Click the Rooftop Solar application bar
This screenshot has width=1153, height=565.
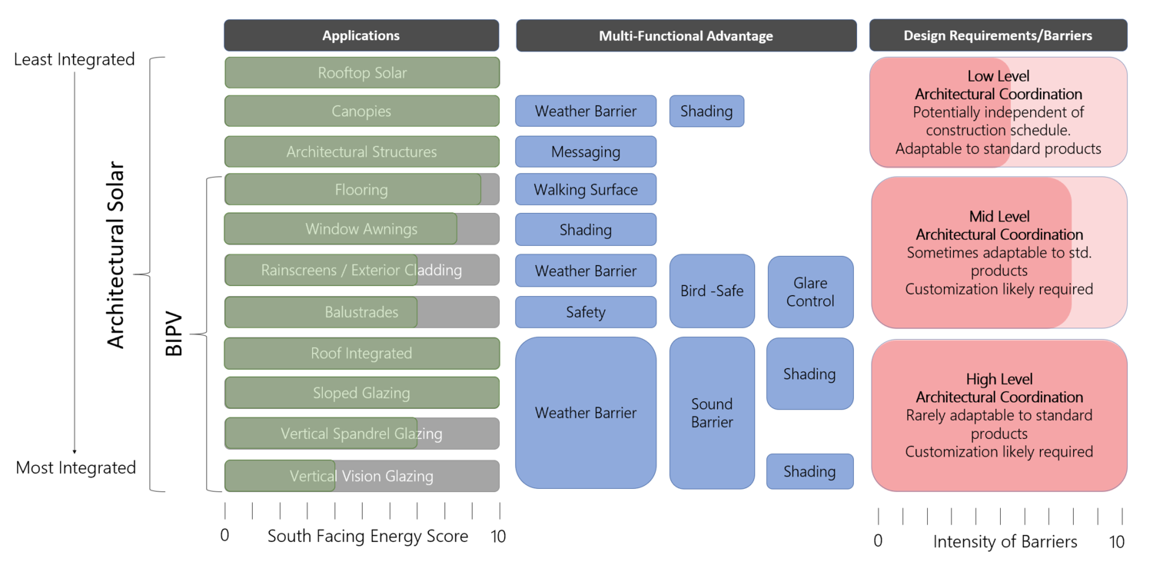click(x=362, y=73)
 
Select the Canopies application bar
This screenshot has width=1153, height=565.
click(x=362, y=111)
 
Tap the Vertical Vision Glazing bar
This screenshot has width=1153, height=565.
click(x=362, y=477)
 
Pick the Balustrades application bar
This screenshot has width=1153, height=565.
click(x=362, y=312)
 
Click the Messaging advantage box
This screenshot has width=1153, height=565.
click(x=586, y=152)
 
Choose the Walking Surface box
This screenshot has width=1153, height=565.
click(x=586, y=190)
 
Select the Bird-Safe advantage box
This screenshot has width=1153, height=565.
click(x=712, y=291)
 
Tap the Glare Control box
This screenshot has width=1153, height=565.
click(x=810, y=292)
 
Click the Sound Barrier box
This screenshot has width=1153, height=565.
click(x=712, y=413)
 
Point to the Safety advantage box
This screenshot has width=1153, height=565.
click(x=586, y=312)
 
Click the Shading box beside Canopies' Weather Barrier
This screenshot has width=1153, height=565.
click(x=706, y=111)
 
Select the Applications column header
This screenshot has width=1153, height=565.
click(x=361, y=35)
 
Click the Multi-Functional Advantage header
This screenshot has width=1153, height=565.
click(x=686, y=36)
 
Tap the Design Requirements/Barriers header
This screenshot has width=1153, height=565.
click(x=998, y=35)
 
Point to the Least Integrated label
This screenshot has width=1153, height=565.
click(x=75, y=59)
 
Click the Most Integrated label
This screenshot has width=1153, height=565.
click(x=76, y=467)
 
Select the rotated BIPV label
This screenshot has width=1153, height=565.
click(x=174, y=334)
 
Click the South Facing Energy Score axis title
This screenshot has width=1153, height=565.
click(x=367, y=537)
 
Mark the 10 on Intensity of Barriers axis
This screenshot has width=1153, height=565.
click(x=1117, y=542)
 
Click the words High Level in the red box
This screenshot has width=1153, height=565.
click(x=999, y=379)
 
